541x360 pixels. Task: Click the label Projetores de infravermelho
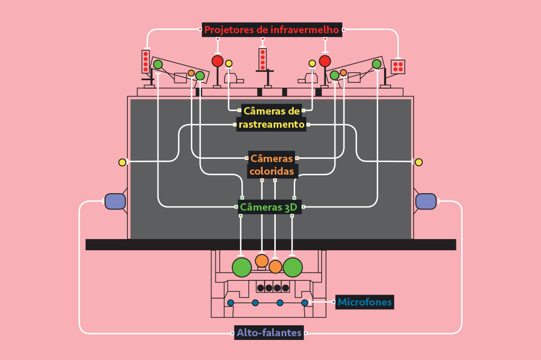point(272,30)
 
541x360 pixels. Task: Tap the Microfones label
point(365,302)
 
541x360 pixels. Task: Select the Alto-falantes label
point(269,333)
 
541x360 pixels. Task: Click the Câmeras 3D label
point(269,207)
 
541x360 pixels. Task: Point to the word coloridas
point(272,172)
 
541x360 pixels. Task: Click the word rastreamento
point(272,125)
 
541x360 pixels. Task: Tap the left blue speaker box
point(115,202)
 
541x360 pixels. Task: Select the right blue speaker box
point(426,202)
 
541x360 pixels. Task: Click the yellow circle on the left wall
point(122,163)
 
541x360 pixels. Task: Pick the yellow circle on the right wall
point(418,162)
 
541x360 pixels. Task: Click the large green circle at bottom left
point(242,267)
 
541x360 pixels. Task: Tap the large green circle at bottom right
point(293,267)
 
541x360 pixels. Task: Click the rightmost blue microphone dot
point(305,303)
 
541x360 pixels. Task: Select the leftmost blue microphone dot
point(230,303)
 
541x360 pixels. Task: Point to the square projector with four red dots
point(398,67)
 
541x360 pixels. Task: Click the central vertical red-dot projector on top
point(263,59)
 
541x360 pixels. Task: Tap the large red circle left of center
point(217,61)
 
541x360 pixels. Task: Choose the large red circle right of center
point(325,61)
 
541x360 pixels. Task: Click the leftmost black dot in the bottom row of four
point(261,288)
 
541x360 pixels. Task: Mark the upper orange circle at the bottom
point(262,261)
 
